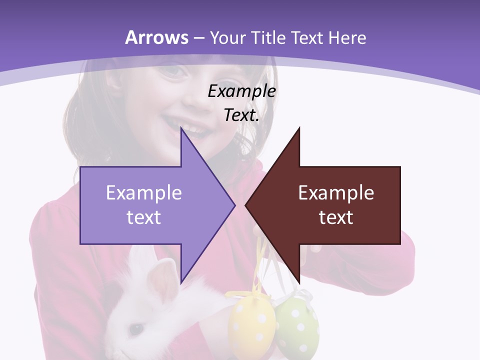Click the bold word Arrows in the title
[157, 37]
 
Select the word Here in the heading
[346, 37]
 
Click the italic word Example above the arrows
[241, 91]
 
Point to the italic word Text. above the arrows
[241, 115]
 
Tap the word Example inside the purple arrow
[144, 193]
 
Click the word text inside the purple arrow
[144, 217]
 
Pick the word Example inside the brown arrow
[336, 193]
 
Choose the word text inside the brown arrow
[336, 217]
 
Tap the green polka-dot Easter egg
[297, 325]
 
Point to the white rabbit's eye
[134, 328]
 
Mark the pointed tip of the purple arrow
[234, 205]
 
